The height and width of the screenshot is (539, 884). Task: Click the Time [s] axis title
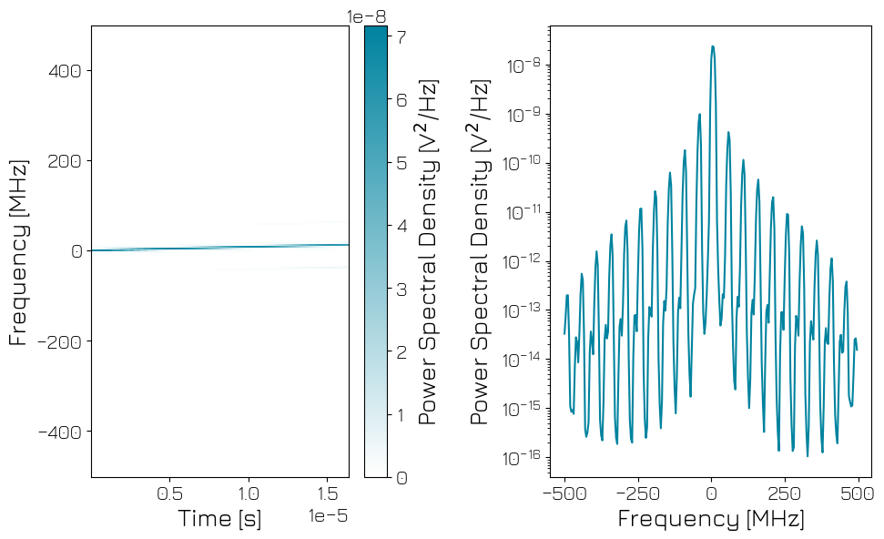tap(219, 519)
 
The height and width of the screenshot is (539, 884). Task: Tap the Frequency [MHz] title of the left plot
tap(18, 251)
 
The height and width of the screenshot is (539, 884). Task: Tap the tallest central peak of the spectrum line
tap(712, 46)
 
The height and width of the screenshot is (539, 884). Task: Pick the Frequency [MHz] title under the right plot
tap(711, 519)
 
